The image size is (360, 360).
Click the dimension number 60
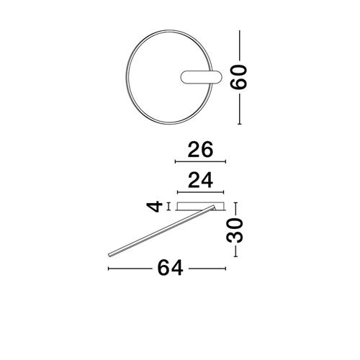[238, 77]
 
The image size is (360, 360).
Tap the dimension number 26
[200, 149]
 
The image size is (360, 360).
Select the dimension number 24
[200, 180]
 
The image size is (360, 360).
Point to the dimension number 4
[154, 207]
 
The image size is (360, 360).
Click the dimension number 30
[235, 230]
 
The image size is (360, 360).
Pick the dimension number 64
[170, 268]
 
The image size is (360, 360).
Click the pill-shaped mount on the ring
[200, 77]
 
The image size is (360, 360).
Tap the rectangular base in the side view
[200, 207]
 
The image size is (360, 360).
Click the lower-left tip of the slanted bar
[109, 256]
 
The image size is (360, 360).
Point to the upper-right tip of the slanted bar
[213, 207]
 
